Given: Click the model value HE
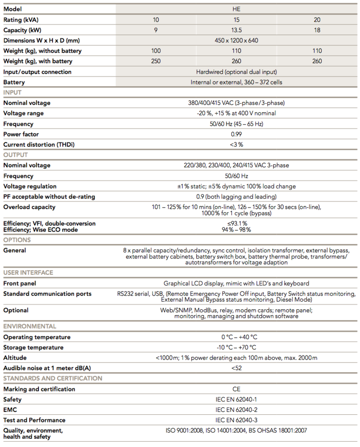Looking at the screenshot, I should (x=236, y=9).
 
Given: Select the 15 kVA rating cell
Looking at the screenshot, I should (x=236, y=20).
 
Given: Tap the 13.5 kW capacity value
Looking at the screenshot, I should (x=236, y=30).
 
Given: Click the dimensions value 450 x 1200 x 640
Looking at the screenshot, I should (x=236, y=40).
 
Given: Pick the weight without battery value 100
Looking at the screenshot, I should (x=156, y=51).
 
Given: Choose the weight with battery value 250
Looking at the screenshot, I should (x=156, y=61).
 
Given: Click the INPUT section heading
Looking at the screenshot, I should (x=12, y=93).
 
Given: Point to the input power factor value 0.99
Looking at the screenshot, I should (x=236, y=134).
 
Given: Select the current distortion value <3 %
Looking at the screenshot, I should (x=236, y=145).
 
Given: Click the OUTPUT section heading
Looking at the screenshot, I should (x=15, y=155).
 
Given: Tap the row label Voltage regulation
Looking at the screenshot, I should (x=30, y=186).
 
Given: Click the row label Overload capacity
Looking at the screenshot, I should (x=29, y=207).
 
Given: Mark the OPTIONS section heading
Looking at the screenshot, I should (x=17, y=240).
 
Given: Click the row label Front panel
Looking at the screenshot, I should (x=20, y=283).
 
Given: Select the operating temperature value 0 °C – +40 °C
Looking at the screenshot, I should (x=236, y=337).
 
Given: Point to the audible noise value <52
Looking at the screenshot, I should (x=236, y=368).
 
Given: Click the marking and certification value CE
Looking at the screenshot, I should (x=236, y=389).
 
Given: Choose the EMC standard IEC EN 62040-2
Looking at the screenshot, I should (x=236, y=410).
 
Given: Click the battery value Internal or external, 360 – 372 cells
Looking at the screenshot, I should (x=236, y=82).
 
